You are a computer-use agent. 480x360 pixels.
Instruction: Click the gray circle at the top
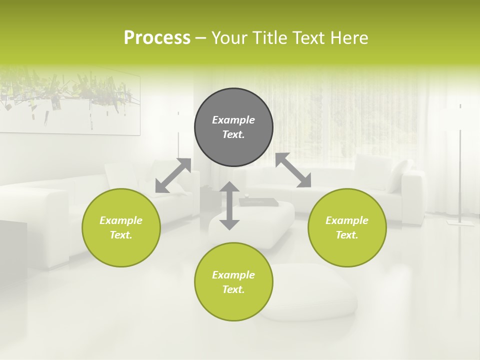(233, 127)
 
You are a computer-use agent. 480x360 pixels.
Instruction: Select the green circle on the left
(121, 227)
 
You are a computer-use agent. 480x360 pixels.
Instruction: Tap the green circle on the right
(347, 227)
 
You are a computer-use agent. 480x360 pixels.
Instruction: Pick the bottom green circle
(233, 281)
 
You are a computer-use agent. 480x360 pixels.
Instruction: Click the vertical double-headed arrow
(229, 205)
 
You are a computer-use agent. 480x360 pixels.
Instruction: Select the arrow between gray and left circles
(173, 175)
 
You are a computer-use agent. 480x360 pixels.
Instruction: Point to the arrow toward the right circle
(293, 170)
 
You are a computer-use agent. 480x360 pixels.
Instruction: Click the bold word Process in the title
(157, 38)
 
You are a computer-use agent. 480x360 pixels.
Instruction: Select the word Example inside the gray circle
(233, 120)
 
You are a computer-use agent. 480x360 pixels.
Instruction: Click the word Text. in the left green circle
(121, 235)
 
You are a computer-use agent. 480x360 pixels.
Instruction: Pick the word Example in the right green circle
(347, 220)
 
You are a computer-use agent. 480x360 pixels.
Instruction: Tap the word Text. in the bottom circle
(233, 289)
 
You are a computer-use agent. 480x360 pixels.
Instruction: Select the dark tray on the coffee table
(258, 202)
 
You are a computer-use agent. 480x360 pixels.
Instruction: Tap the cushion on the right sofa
(398, 175)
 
